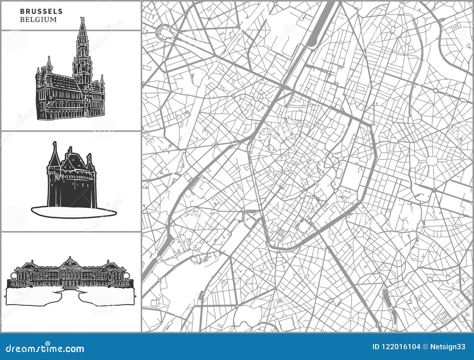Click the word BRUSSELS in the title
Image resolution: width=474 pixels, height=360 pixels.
pyautogui.click(x=41, y=12)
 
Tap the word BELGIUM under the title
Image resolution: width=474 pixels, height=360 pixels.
pyautogui.click(x=38, y=20)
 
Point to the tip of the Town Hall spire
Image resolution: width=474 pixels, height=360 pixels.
pyautogui.click(x=82, y=18)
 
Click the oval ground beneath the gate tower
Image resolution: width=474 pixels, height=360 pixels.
pyautogui.click(x=74, y=212)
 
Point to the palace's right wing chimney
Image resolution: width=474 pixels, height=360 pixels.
pyautogui.click(x=108, y=262)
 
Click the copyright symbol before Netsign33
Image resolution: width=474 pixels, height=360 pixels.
pyautogui.click(x=425, y=347)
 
